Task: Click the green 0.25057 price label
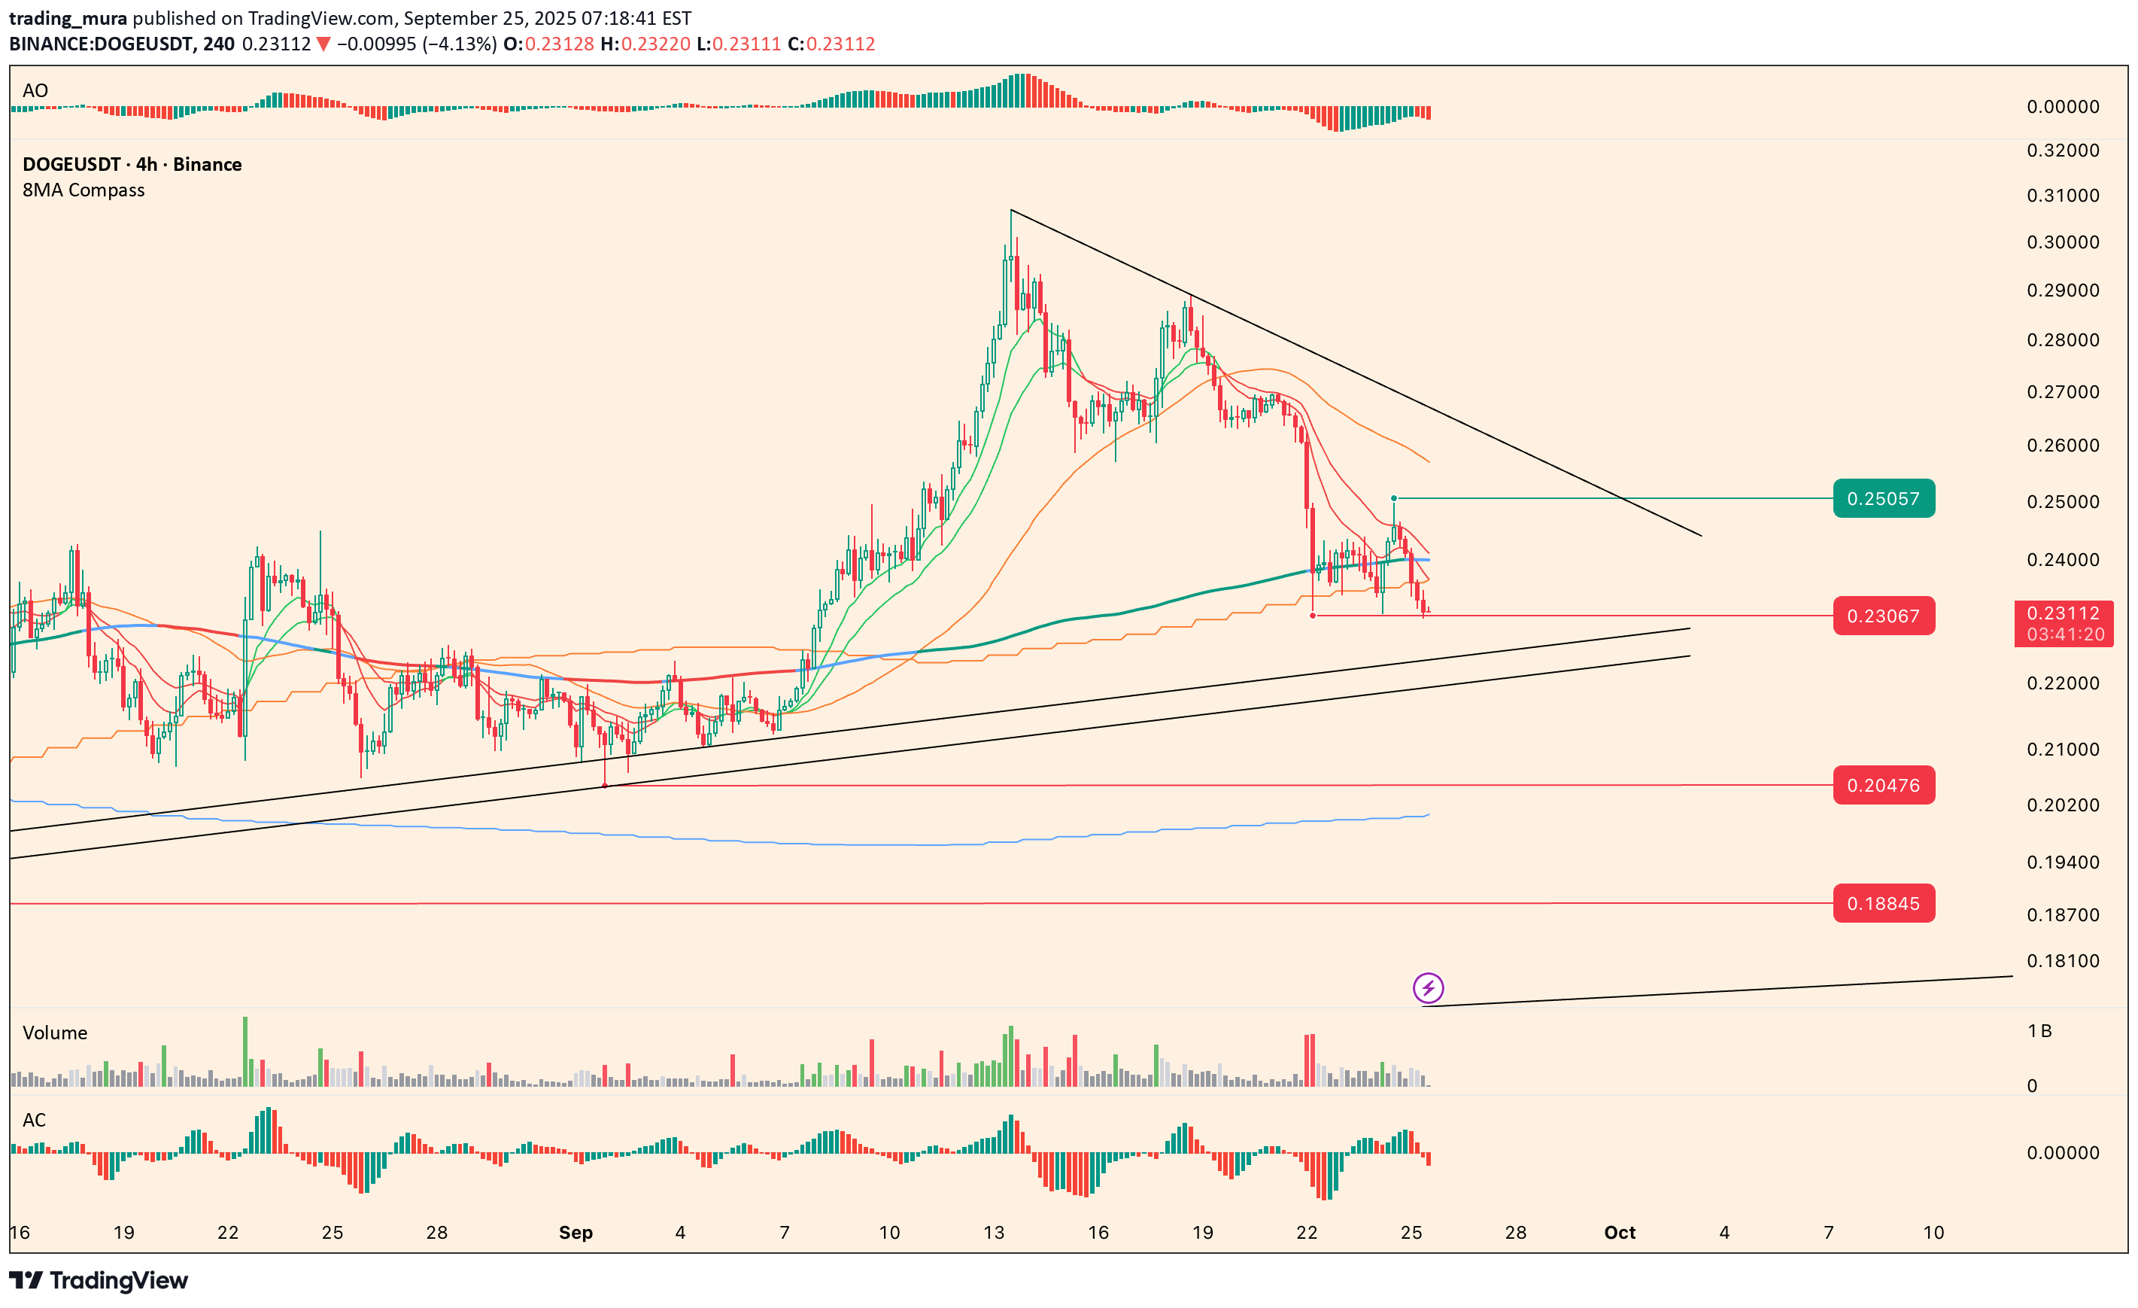pos(1883,498)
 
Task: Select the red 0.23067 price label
pos(1883,616)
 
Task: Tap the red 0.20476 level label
pos(1883,785)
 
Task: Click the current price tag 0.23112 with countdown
pos(2063,622)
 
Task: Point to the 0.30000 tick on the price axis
pos(2063,242)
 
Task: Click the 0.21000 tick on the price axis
pos(2063,749)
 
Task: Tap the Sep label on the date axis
pos(575,1232)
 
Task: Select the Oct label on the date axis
pos(1619,1232)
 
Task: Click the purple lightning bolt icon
pos(1427,987)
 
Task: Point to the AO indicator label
pos(35,90)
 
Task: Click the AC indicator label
pos(34,1120)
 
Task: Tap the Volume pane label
pos(55,1032)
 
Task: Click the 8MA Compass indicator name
pos(84,190)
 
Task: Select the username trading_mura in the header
pos(68,17)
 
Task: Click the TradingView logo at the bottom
pos(98,1280)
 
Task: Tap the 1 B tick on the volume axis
pos(2039,1030)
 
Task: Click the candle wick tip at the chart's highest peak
pos(1011,211)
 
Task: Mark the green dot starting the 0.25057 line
pos(1393,498)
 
